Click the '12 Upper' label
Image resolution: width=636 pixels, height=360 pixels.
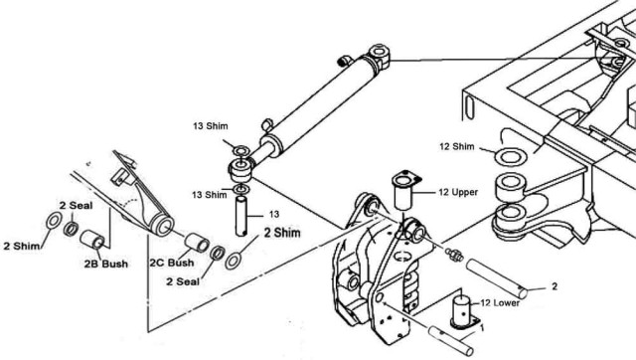[458, 192]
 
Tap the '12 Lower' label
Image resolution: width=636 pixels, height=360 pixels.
[500, 302]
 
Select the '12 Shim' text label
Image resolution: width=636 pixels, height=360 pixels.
[457, 146]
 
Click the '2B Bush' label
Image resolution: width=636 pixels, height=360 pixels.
[106, 264]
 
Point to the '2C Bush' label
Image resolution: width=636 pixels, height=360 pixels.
[172, 263]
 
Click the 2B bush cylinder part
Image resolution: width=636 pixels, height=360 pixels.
[92, 239]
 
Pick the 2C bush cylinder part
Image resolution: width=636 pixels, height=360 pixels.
[197, 242]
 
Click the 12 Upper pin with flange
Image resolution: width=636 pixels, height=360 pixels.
[404, 190]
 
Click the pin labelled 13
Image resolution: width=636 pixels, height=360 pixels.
[241, 216]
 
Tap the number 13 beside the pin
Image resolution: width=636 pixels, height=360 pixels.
[274, 214]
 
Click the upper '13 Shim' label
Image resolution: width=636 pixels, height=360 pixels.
[210, 126]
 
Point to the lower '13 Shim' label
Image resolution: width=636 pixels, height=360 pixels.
[210, 195]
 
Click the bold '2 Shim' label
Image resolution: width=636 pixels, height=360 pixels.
[282, 233]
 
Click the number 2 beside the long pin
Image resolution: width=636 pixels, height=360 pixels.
[555, 286]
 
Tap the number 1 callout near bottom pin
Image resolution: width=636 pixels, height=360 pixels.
[482, 326]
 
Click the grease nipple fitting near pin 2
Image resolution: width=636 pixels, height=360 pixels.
[454, 254]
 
